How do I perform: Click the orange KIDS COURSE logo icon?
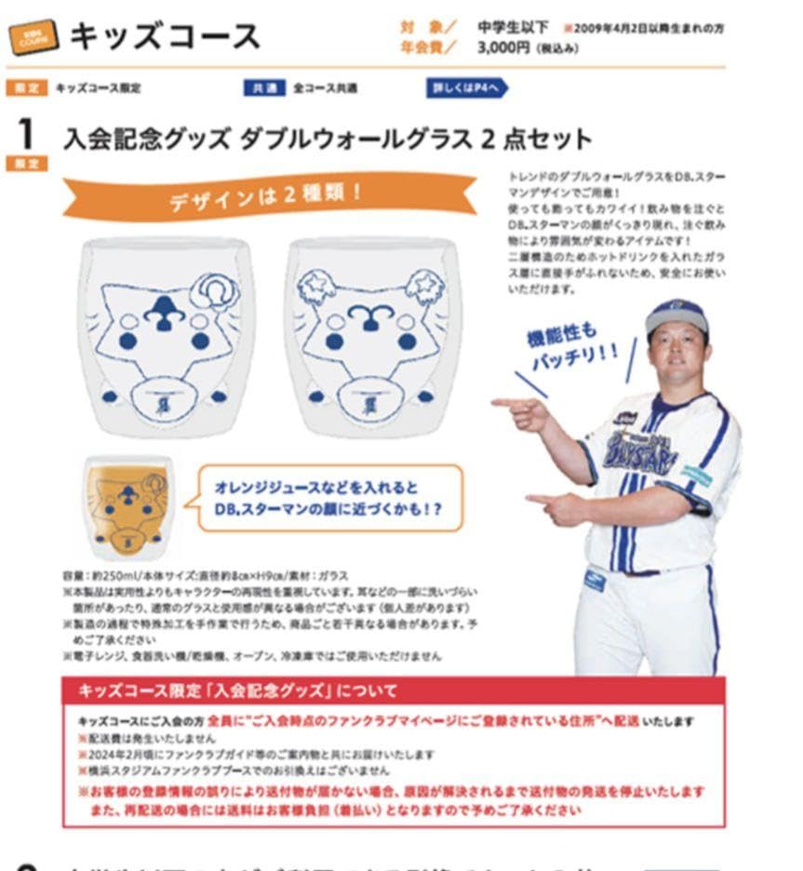pyautogui.click(x=34, y=36)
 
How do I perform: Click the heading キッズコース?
pyautogui.click(x=166, y=35)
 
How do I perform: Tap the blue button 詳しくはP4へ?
pyautogui.click(x=467, y=88)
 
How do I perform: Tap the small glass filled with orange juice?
pyautogui.click(x=129, y=506)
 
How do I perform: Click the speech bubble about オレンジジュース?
pyautogui.click(x=330, y=498)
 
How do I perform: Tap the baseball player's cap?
pyautogui.click(x=676, y=315)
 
